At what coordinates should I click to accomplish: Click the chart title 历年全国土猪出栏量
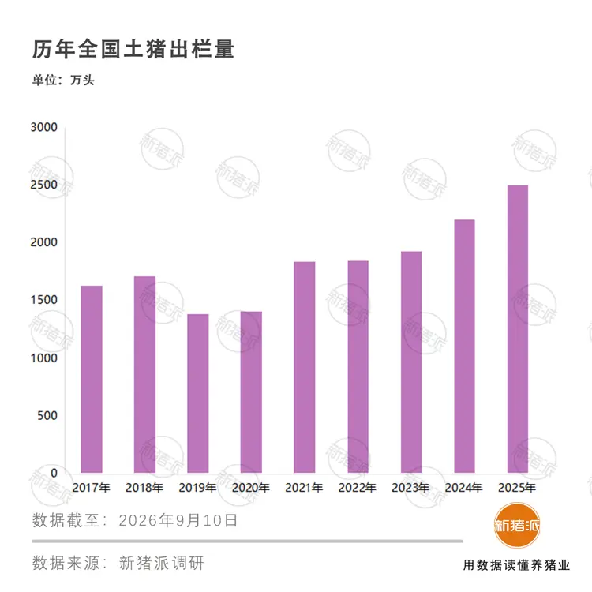pos(133,49)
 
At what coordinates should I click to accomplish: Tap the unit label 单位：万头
pos(63,80)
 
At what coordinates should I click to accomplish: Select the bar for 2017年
pos(92,379)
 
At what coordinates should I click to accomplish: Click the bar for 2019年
pos(198,393)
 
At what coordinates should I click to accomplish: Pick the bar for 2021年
pos(305,367)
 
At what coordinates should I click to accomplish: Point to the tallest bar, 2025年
pos(518,329)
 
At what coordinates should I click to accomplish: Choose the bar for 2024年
pos(464,347)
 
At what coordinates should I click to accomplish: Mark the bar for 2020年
pos(251,392)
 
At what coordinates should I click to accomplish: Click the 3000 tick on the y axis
pos(43,127)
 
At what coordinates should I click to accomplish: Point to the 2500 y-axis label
pos(43,185)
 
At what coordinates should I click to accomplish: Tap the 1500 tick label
pos(43,300)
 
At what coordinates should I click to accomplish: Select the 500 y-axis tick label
pos(47,415)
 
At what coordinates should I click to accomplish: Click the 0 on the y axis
pos(54,473)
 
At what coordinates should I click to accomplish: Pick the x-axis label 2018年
pos(144,488)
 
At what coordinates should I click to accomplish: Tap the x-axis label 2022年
pos(357,488)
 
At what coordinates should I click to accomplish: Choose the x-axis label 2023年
pos(410,488)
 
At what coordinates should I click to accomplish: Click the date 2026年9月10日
pos(178,520)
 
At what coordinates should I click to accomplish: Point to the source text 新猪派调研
pos(162,563)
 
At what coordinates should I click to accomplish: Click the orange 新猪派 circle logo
pos(517,525)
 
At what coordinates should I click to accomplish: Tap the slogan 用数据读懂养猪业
pos(516,565)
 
